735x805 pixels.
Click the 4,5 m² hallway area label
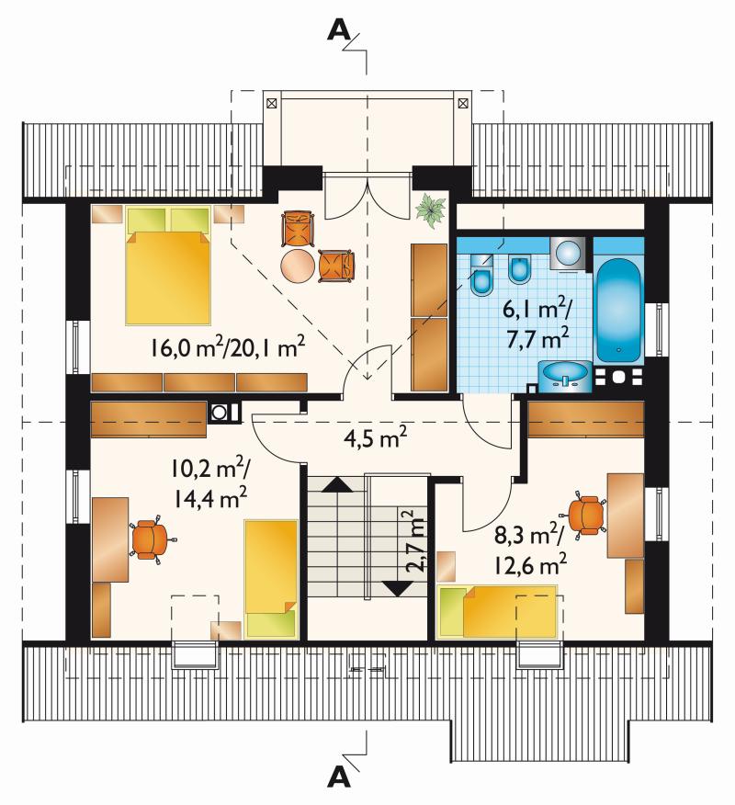pos(375,438)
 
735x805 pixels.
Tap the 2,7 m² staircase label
pos(416,541)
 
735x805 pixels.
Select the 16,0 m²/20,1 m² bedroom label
pos(228,347)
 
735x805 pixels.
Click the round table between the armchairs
pos(298,266)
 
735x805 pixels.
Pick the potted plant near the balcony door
pos(430,209)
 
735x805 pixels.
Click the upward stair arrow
pos(336,484)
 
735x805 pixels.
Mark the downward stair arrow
pos(399,588)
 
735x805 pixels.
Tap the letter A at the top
pos(339,31)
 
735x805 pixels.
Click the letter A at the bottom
pos(339,777)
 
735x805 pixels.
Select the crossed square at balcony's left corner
pos(272,104)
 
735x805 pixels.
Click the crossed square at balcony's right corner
pos(462,104)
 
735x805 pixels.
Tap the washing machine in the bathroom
pos(567,253)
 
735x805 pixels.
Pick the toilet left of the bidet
pos(482,277)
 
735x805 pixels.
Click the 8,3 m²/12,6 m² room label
pos(530,550)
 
